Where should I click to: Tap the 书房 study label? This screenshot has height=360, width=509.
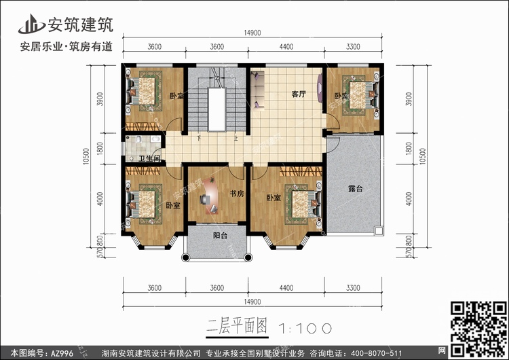236,194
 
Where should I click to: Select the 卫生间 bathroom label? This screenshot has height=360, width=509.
149,159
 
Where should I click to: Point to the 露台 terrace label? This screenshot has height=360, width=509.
356,189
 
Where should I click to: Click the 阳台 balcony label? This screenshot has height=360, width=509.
220,236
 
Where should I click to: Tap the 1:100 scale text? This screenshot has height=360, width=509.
305,327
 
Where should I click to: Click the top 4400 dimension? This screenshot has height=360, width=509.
286,47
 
